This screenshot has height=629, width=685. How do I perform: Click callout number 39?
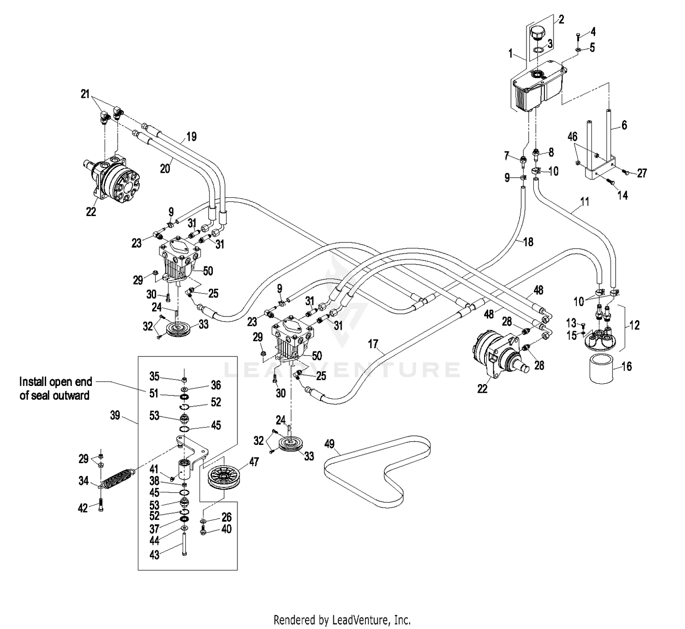point(115,415)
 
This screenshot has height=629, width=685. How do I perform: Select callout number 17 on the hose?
point(373,343)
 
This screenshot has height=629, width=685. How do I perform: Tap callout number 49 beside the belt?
point(329,444)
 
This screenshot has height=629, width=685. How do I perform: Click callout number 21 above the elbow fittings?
point(85,94)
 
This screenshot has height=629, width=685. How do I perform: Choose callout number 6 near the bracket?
point(624,125)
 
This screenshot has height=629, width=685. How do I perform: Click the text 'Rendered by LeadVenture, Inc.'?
point(342,620)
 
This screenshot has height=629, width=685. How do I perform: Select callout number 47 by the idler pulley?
point(254,462)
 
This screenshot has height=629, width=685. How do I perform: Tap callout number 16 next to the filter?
point(627,366)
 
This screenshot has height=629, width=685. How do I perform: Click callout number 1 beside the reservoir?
point(511,54)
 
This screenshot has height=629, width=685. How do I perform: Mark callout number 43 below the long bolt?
point(154,555)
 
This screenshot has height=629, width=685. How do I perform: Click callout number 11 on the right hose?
point(585,201)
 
